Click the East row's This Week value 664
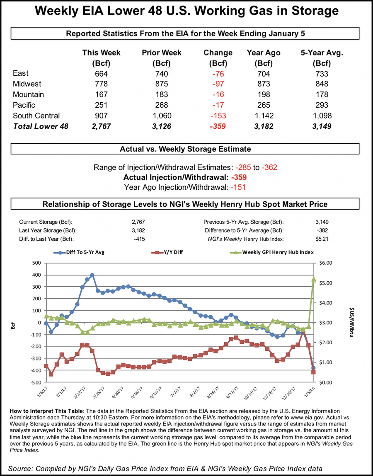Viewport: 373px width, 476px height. (x=101, y=74)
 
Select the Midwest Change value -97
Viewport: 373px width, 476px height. (x=218, y=84)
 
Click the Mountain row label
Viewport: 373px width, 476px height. (x=29, y=94)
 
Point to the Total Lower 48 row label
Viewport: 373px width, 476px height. (x=41, y=126)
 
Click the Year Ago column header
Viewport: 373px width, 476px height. (x=264, y=53)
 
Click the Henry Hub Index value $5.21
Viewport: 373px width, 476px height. (x=321, y=239)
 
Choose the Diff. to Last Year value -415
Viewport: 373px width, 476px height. (x=138, y=239)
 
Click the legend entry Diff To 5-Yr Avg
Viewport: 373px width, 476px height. (x=80, y=252)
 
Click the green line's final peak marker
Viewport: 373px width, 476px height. (x=314, y=279)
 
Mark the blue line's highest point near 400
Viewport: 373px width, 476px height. (x=92, y=275)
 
